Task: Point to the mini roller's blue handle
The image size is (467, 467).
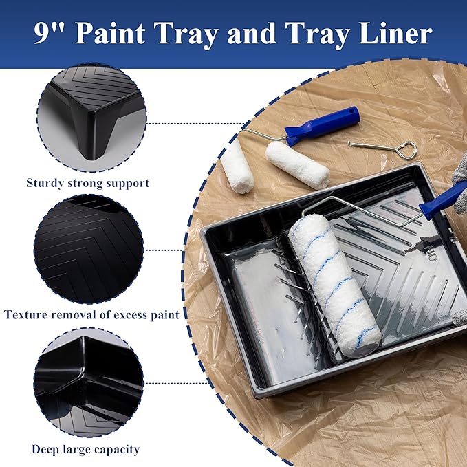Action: point(323,125)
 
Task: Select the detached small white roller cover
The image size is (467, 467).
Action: point(237,165)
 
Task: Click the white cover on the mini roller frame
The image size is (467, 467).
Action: point(297,164)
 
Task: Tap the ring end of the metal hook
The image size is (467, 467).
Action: point(408,149)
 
